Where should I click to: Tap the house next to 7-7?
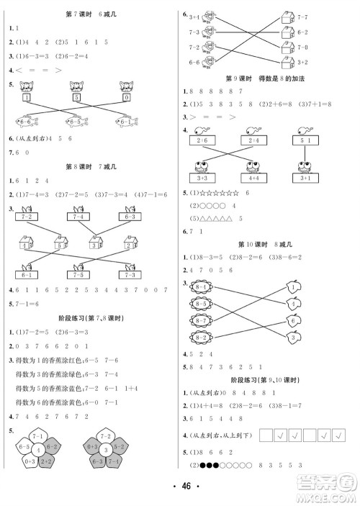tap(286, 16)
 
